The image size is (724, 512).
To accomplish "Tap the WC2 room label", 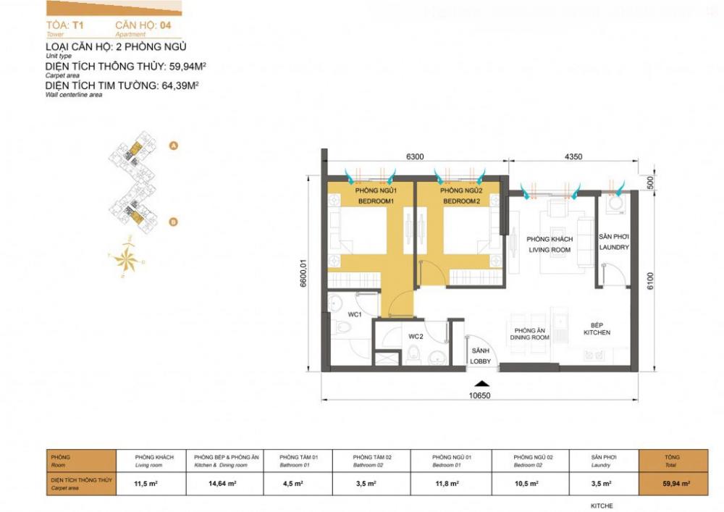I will point(415,337).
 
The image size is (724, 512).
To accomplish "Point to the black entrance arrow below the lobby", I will point(480,385).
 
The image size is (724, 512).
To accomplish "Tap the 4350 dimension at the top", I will point(574,156).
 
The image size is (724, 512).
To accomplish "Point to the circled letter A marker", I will point(173,146).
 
